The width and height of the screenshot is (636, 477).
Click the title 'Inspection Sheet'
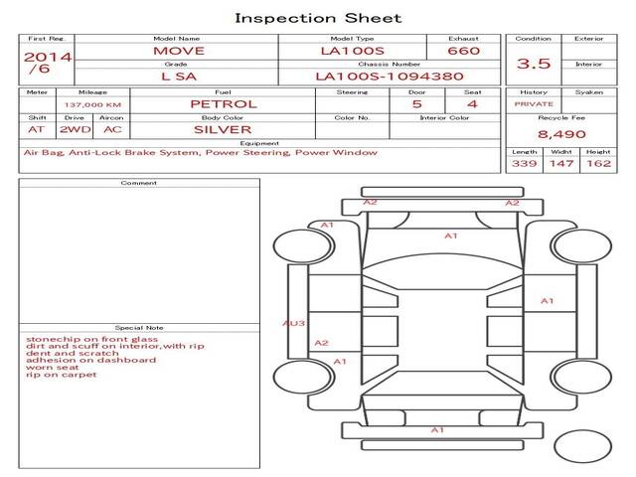coord(318,18)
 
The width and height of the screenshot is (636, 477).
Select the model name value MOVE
coord(179,51)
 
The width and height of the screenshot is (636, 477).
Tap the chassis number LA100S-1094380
coord(390,77)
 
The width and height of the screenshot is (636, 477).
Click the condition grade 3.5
coord(534,64)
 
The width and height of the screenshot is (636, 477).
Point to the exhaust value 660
coord(464,51)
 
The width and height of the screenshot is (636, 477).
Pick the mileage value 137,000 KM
coord(92,105)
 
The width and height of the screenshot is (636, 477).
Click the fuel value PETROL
coord(224,104)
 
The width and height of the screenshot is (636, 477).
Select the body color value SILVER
coord(223,130)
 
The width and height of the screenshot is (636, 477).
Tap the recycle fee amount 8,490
coord(561,134)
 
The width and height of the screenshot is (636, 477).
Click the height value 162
coord(598,163)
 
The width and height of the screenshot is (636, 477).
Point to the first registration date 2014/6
coord(48,63)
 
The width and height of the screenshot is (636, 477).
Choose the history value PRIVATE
coord(534,104)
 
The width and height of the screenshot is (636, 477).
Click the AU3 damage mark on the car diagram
coord(294,323)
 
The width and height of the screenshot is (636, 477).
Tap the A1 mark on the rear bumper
coord(437,430)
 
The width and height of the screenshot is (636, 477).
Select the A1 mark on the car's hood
coord(450,236)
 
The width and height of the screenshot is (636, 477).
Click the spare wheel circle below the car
coord(582,446)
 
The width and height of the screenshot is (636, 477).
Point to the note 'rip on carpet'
coord(62,375)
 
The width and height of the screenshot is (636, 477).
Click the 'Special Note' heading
coord(139,327)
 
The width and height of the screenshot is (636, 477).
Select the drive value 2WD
coord(76,130)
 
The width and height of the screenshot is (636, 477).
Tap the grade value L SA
coord(179,77)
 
